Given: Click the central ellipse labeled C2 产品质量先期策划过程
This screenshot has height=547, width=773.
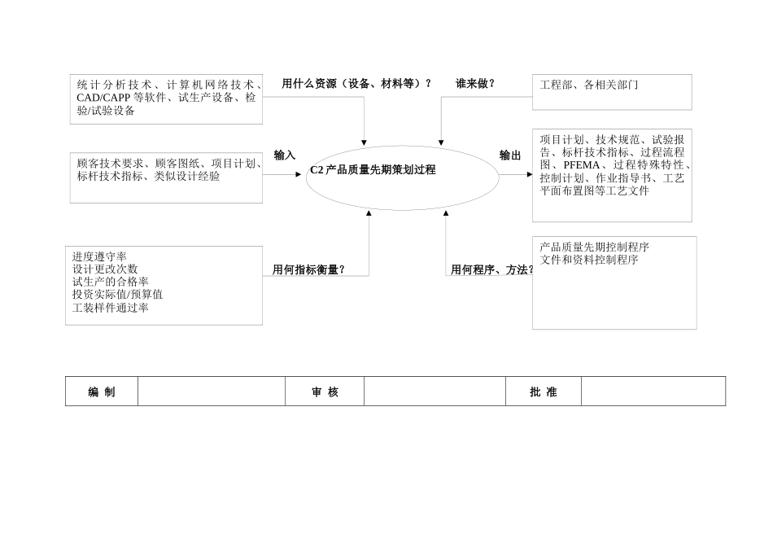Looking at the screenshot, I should coord(402,177).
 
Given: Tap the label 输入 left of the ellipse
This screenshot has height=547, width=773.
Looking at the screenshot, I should coord(285,155).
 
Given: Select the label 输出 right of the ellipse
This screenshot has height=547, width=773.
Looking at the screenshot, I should coord(510,155).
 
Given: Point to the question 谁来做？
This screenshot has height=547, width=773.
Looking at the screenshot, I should coord(476,84).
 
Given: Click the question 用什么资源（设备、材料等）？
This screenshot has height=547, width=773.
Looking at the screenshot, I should coord(357,84).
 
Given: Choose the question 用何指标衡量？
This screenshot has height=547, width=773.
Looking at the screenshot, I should coord(309,269).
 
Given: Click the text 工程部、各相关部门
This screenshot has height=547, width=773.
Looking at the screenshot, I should coord(589,85).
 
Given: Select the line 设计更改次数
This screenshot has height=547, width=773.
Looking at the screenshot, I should coord(105,269).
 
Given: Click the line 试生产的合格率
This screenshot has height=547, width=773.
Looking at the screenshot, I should coord(111,282).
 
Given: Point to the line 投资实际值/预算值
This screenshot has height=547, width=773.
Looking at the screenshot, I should coord(117,295).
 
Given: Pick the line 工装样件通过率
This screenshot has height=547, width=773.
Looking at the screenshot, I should coord(111,308).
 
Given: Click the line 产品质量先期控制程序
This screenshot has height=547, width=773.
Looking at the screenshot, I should coord(594,247).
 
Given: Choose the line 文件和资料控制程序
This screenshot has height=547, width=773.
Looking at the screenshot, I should coord(589,260).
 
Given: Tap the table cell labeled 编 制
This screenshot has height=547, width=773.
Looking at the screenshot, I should coord(102,392).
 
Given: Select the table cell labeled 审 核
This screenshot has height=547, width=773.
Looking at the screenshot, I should coord(325,392).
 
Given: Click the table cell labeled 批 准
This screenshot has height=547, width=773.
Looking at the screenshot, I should coord(544,392).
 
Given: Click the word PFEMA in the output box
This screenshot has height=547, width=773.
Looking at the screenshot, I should coord(581,165).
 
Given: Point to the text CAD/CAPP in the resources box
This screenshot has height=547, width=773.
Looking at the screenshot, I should coord(103,98).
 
